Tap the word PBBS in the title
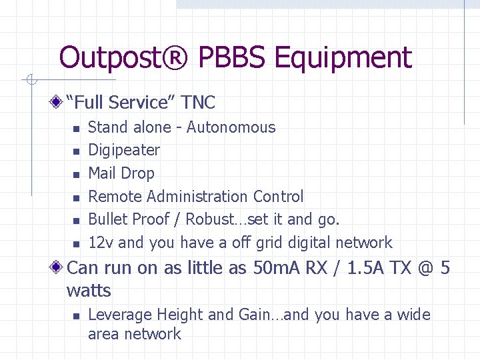(231, 58)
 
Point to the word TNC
(198, 102)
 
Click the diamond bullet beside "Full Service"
(58, 102)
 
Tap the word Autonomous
(231, 127)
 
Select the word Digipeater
(124, 150)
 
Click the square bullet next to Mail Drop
(76, 175)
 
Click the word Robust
(211, 219)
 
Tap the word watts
(89, 291)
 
